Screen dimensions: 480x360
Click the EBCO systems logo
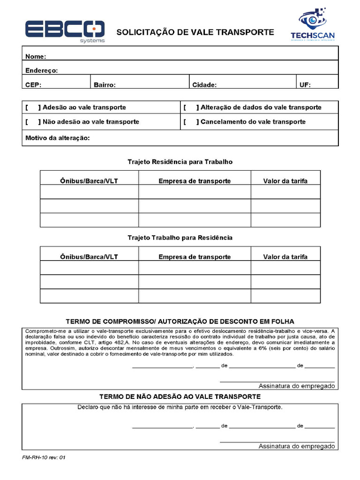(65, 31)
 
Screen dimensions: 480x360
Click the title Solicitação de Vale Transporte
(195, 32)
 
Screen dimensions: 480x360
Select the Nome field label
(35, 57)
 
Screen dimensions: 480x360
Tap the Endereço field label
(41, 71)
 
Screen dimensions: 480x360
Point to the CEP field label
(33, 85)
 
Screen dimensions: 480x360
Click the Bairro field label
(105, 85)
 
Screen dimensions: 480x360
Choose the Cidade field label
(204, 85)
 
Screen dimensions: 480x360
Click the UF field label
(305, 85)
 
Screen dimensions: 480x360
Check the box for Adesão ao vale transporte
(33, 107)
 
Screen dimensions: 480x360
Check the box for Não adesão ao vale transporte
(33, 122)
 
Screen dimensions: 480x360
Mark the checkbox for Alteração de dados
(191, 107)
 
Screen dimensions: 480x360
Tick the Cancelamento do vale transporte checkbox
(191, 122)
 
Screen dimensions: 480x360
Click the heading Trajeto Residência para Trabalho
(180, 162)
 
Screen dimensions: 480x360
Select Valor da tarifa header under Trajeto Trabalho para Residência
(285, 257)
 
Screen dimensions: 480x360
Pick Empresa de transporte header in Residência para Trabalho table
(195, 181)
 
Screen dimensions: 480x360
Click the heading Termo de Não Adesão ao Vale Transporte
(180, 397)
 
